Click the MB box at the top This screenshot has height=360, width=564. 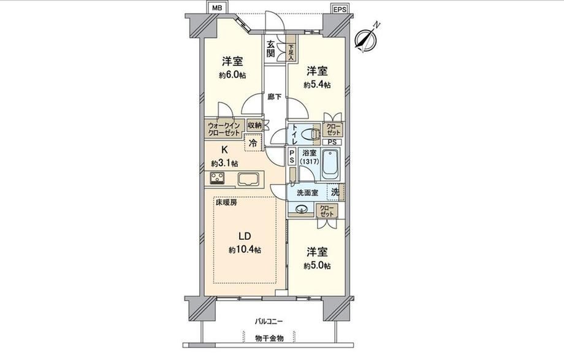217,7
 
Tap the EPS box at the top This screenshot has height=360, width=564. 339,9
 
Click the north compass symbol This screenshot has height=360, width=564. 367,37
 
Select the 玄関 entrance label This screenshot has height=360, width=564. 271,49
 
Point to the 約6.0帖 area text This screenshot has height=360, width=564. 232,75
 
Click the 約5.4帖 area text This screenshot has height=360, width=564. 317,85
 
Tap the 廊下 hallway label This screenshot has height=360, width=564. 274,96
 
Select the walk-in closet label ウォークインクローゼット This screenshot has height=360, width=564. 223,129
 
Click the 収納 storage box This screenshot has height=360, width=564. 254,126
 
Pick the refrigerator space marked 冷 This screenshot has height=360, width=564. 253,142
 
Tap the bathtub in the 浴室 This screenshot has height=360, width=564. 330,164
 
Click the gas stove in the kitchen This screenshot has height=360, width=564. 217,178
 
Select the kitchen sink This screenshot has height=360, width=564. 248,179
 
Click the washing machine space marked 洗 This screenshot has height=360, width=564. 335,192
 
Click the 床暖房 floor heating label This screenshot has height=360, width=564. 226,202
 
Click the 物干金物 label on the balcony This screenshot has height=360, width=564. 269,339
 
